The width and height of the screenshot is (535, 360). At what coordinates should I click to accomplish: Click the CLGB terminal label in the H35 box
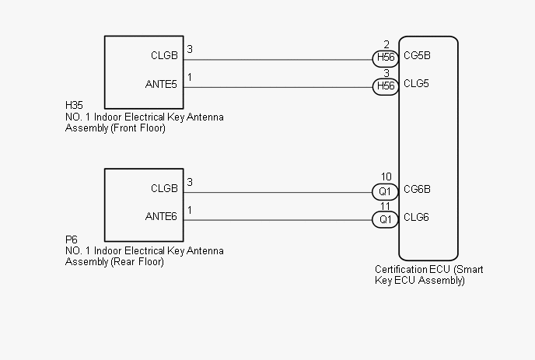[x=164, y=56]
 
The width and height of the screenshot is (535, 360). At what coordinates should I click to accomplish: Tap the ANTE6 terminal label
[x=162, y=217]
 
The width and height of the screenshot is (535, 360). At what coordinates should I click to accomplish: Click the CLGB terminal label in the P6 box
[x=164, y=188]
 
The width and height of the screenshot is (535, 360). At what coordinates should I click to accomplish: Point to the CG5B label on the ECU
[x=418, y=56]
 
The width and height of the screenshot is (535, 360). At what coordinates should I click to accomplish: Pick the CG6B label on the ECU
[x=418, y=188]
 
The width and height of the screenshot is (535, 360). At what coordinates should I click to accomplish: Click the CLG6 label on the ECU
[x=417, y=218]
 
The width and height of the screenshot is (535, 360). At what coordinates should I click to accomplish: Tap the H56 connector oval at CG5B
[x=386, y=58]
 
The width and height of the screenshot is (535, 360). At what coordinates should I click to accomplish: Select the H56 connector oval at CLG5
[x=386, y=86]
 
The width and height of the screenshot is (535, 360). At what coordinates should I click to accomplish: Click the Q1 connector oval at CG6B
[x=386, y=190]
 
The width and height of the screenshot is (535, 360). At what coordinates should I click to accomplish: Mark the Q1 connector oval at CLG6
[x=386, y=220]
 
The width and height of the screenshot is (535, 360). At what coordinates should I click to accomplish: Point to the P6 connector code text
[x=71, y=241]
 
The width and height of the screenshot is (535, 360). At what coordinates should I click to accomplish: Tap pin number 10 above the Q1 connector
[x=386, y=177]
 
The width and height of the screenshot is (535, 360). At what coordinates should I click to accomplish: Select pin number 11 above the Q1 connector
[x=386, y=206]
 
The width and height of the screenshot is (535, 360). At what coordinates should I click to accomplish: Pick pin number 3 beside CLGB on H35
[x=191, y=49]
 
